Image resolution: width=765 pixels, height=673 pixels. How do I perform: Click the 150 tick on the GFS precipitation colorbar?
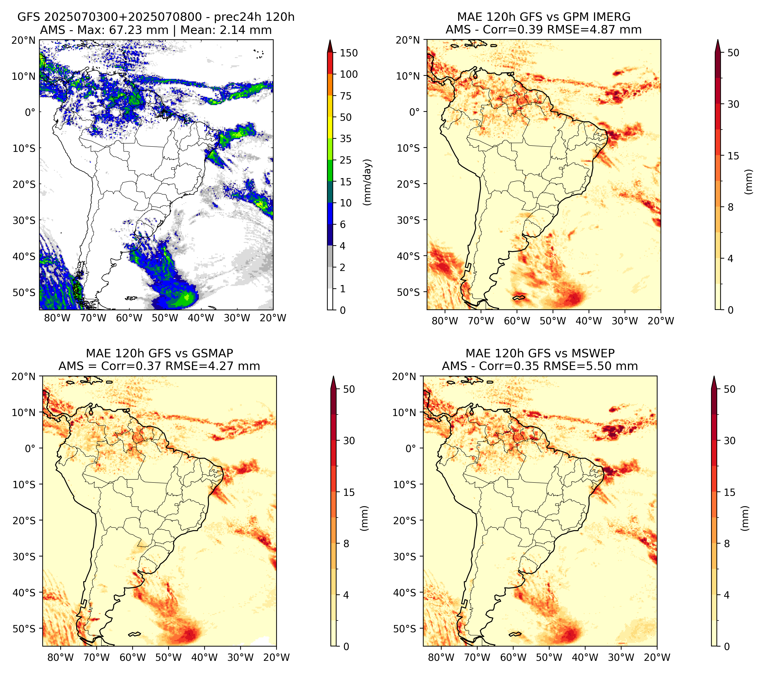348,53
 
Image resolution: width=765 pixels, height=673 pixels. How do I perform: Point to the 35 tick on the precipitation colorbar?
345,139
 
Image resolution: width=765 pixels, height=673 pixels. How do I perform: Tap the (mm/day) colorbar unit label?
368,182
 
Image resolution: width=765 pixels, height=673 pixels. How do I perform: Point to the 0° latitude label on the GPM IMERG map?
414,112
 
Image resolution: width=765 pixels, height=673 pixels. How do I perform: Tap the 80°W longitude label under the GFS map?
57,318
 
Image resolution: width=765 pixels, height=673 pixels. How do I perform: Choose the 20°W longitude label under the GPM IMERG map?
661,321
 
